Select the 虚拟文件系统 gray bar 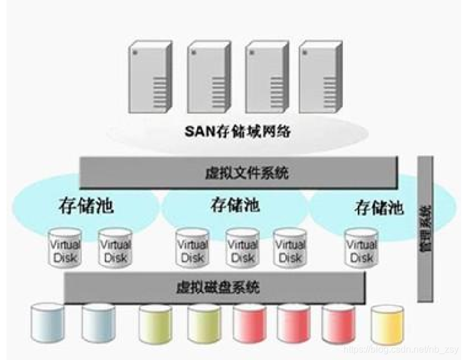click(x=238, y=173)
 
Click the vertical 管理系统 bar click(x=425, y=229)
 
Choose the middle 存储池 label click(x=234, y=205)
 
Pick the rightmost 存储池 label click(x=379, y=207)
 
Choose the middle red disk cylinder click(x=293, y=325)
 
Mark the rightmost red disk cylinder click(x=338, y=325)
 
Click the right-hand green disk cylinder click(x=204, y=325)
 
